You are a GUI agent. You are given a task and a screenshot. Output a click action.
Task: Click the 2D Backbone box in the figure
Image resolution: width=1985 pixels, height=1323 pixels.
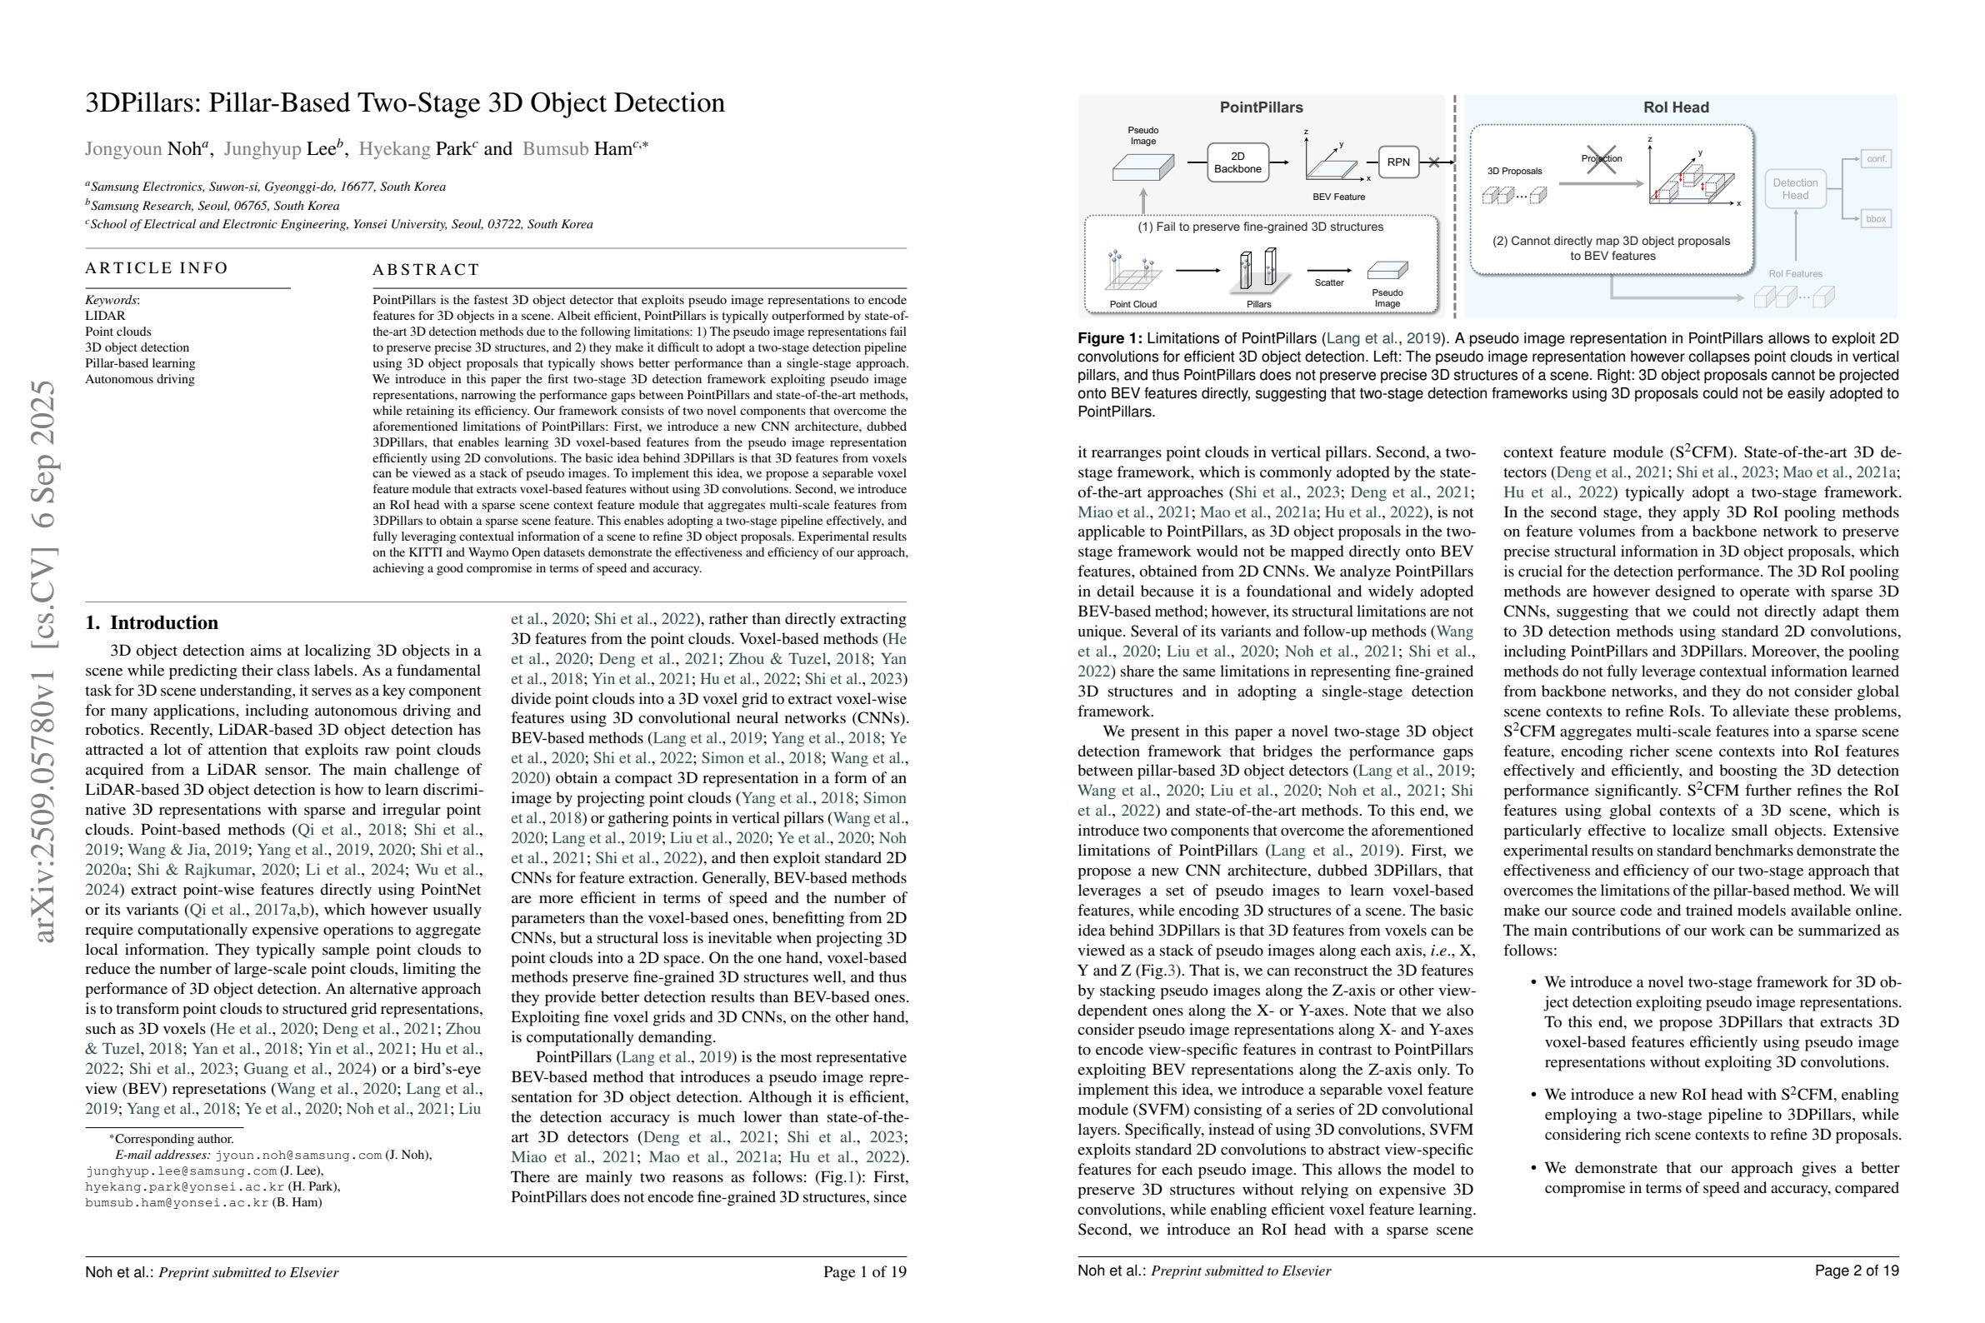1237,162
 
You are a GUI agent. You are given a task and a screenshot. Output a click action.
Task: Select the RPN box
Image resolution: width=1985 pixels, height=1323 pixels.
1397,162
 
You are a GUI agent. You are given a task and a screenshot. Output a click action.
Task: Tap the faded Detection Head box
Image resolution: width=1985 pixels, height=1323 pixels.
1794,189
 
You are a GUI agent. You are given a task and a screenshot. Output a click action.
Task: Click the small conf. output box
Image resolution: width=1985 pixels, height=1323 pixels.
1875,158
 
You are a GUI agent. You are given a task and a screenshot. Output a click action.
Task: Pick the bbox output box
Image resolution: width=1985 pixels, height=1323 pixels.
1875,218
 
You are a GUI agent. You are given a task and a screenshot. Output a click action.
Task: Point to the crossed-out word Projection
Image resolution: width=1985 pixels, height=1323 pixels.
1601,157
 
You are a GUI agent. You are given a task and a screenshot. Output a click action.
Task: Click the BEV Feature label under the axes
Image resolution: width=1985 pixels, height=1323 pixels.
1338,197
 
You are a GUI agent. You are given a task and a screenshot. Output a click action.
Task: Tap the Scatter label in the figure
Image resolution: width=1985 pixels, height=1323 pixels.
1328,282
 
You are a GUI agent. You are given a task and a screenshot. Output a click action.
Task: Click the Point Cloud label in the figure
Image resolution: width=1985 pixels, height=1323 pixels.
1132,304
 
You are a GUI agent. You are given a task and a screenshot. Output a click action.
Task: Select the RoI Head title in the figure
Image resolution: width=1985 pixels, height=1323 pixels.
1676,107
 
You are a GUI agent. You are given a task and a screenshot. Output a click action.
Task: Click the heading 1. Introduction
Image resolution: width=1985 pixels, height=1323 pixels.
152,622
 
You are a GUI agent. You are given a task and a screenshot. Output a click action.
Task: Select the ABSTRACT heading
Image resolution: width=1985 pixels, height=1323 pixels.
426,270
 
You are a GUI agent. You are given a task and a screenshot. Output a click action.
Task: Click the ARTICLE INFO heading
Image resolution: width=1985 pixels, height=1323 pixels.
157,268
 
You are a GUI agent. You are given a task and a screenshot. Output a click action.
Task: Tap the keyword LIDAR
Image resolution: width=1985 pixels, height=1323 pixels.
105,316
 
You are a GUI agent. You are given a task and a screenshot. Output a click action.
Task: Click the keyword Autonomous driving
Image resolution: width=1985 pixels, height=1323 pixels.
139,379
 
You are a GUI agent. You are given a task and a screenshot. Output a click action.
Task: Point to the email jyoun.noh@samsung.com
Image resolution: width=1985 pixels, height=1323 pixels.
298,1155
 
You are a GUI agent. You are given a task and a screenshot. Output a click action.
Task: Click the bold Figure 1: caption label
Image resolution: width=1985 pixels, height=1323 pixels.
1109,338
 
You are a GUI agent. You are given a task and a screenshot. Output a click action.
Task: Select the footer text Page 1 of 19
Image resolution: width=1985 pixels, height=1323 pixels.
864,1271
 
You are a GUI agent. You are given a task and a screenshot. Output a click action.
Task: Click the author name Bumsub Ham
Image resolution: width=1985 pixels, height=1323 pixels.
577,149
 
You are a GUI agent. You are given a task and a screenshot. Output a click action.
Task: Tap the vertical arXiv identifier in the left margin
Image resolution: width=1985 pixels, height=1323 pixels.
44,661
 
